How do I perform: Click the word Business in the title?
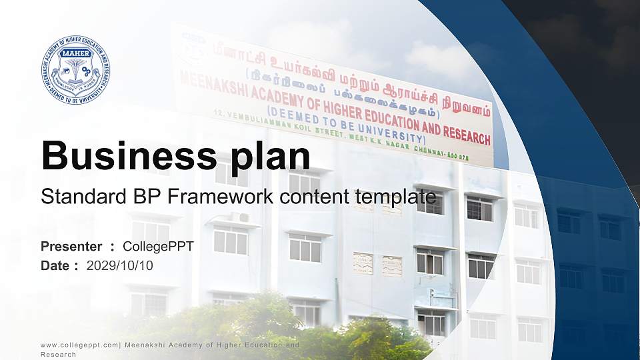126,156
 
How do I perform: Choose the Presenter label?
71,247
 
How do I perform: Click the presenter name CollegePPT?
159,247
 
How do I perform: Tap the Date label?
55,266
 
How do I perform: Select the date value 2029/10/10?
120,266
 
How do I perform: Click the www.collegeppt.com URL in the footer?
79,345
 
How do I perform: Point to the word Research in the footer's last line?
59,355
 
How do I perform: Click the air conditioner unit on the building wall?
239,217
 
